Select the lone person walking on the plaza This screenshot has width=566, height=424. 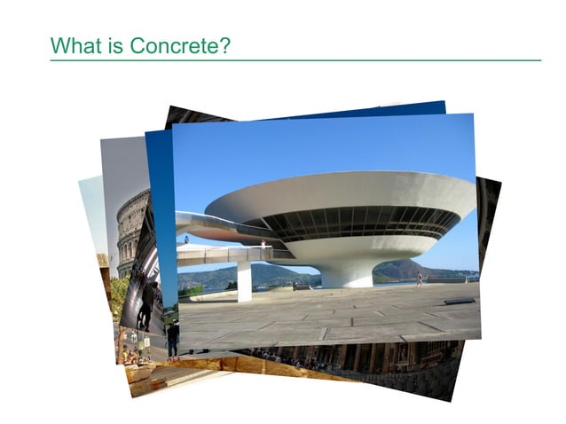pos(419,279)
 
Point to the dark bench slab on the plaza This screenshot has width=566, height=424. pos(460,301)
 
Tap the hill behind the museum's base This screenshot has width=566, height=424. pos(408,270)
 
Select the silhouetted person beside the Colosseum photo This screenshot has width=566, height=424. pos(146,302)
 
